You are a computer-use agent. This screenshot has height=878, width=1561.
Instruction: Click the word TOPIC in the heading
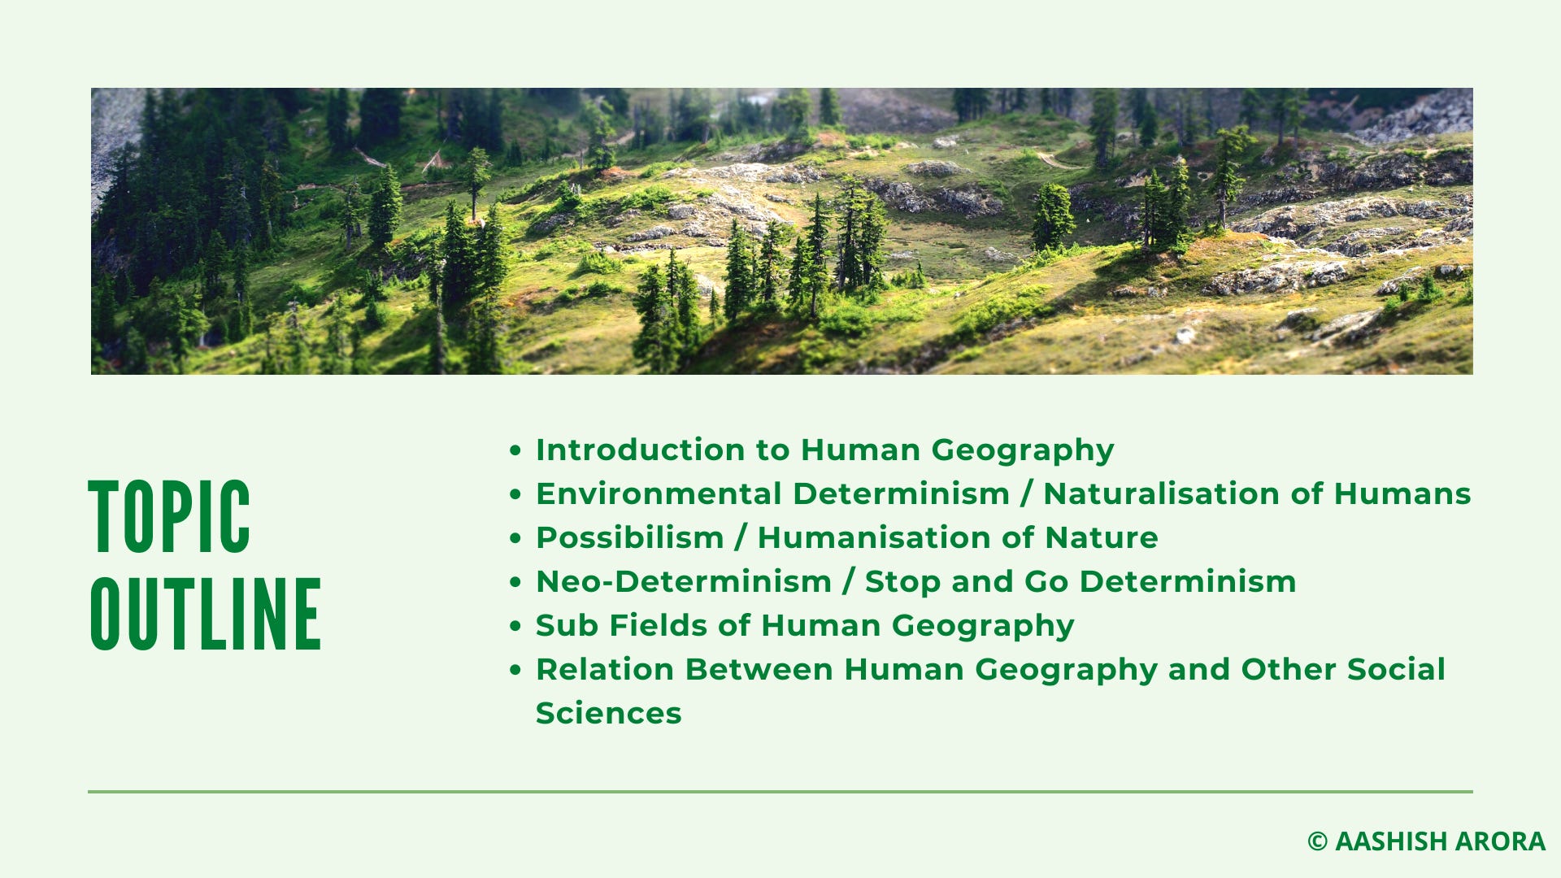pyautogui.click(x=169, y=517)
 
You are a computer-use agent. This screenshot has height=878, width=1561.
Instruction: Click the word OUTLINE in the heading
pyautogui.click(x=206, y=614)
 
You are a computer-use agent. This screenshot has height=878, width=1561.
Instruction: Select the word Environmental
pyautogui.click(x=658, y=493)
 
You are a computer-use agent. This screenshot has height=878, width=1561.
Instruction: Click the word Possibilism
pyautogui.click(x=630, y=537)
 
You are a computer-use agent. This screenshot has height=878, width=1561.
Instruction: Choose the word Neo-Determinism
pyautogui.click(x=684, y=581)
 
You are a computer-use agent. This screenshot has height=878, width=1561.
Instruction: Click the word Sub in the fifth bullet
pyautogui.click(x=566, y=625)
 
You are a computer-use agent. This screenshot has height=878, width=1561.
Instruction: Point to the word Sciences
pyautogui.click(x=608, y=713)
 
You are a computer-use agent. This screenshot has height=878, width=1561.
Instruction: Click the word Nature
pyautogui.click(x=1101, y=537)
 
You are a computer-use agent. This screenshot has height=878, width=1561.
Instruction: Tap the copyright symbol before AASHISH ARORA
pyautogui.click(x=1317, y=841)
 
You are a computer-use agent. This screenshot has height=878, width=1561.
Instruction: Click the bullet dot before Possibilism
pyautogui.click(x=515, y=538)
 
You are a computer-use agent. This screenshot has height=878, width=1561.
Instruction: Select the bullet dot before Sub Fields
pyautogui.click(x=515, y=626)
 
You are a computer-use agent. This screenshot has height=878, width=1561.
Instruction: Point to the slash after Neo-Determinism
pyautogui.click(x=849, y=581)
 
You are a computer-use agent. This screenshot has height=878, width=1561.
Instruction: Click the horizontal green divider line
pyautogui.click(x=780, y=791)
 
